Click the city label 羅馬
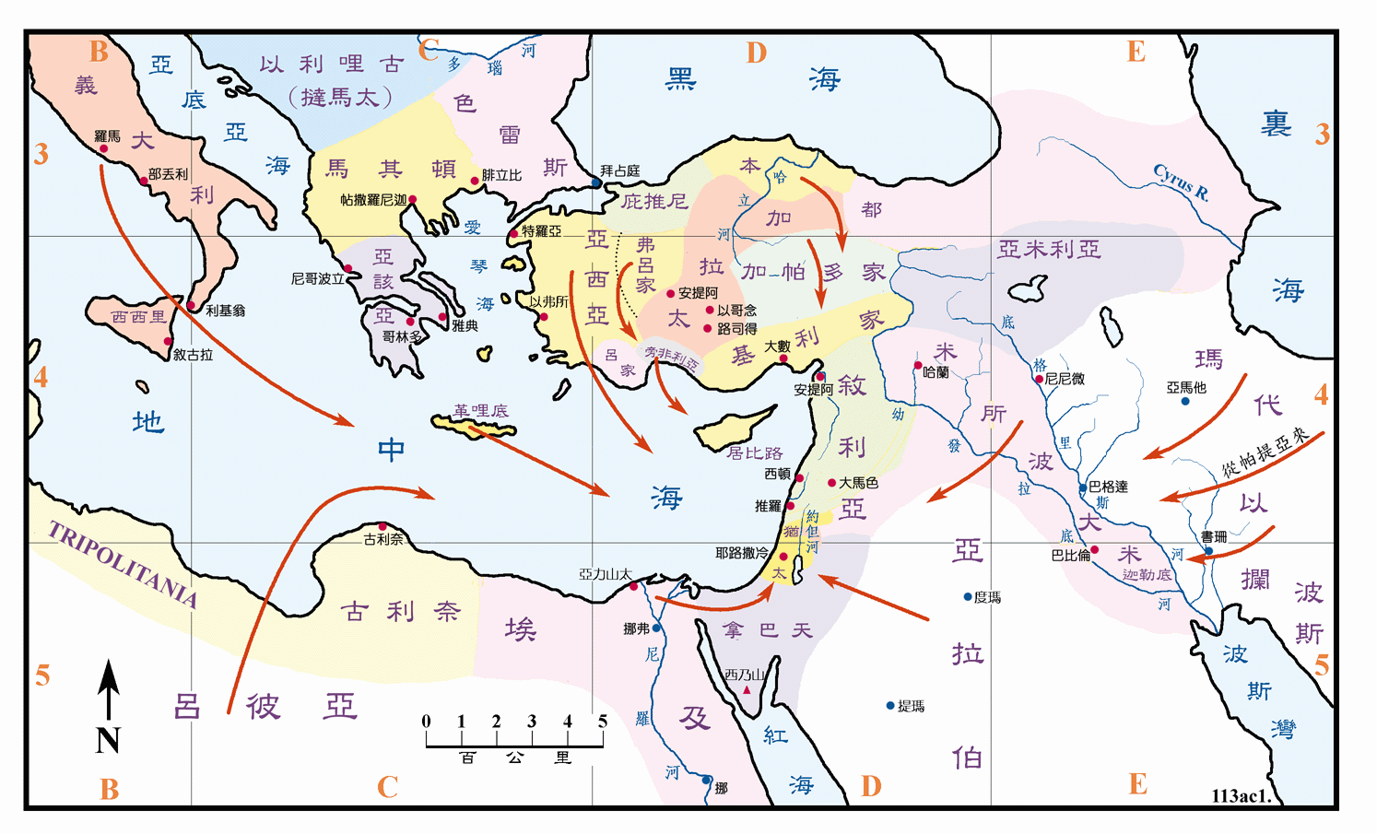[107, 136]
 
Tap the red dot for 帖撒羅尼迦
[412, 199]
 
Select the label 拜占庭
[619, 170]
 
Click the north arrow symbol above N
[109, 689]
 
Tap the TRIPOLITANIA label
[123, 564]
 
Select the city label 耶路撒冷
[741, 553]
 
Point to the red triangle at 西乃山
[747, 689]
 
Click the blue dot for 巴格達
[1083, 487]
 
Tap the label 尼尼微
[1065, 378]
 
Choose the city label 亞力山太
[605, 574]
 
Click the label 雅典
[465, 325]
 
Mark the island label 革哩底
[480, 410]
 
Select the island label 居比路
[754, 452]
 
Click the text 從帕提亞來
[1265, 451]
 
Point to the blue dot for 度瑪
[968, 597]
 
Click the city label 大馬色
[858, 483]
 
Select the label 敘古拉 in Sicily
[193, 354]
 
